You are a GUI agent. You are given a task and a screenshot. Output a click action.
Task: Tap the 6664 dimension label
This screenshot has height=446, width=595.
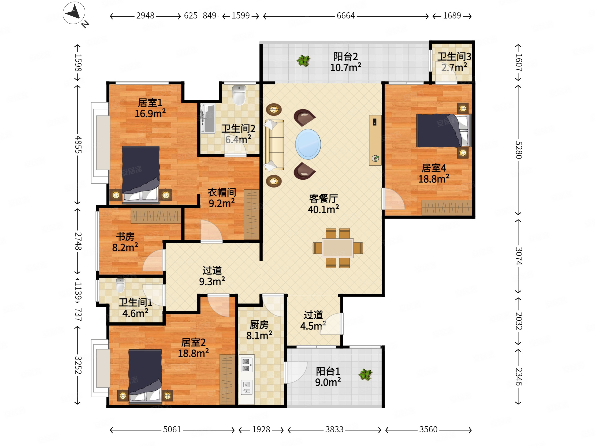point(346,16)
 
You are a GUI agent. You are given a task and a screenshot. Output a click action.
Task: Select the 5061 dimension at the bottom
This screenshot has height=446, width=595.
point(172,430)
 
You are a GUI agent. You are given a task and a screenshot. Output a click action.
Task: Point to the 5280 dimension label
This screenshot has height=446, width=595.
point(519,150)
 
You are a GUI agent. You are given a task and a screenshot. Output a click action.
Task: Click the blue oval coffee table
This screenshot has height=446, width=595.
point(308,144)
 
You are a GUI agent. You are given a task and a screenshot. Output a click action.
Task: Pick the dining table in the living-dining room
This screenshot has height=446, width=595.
point(338,248)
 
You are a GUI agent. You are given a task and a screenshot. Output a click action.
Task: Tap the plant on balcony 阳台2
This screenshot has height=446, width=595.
point(304,61)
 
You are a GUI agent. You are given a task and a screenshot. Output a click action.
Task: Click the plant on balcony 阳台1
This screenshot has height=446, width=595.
point(366,374)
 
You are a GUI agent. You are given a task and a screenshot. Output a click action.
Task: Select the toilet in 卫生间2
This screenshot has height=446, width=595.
point(239,95)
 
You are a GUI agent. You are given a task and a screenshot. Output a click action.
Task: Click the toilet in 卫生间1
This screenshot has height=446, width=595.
point(120,285)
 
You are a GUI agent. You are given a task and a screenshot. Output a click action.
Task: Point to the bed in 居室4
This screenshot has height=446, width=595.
point(444,131)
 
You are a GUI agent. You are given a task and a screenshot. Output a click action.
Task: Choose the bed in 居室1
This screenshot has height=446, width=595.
point(141,175)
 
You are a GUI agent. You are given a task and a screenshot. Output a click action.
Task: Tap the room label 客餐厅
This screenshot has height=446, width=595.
point(323,199)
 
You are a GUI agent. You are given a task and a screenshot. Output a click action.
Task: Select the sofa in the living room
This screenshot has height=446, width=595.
point(274,145)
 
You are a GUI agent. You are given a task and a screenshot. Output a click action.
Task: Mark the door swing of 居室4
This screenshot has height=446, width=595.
point(393,199)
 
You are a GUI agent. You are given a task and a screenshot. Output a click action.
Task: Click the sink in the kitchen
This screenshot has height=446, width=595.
point(247,387)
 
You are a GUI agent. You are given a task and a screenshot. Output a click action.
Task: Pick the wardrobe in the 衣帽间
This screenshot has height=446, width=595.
point(252,215)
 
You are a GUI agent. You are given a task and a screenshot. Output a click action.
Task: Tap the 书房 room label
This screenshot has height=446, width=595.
point(125,237)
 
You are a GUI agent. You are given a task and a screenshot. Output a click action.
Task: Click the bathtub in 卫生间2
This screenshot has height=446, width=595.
point(208,119)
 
